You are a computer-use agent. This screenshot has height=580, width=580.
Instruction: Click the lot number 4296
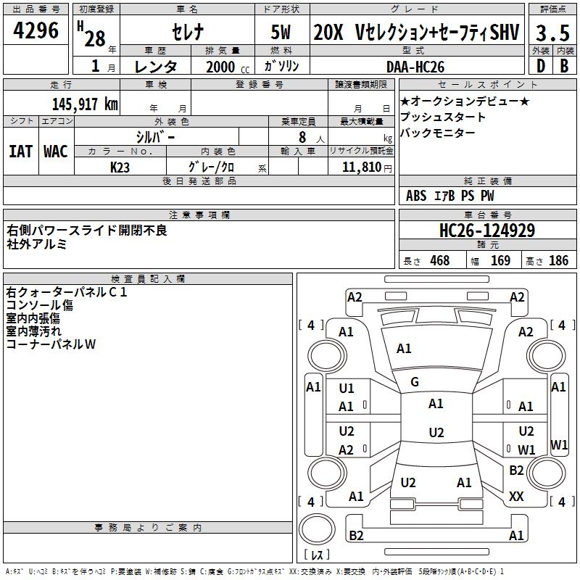pyautogui.click(x=36, y=31)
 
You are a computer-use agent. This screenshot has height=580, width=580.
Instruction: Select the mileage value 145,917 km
pyautogui.click(x=85, y=104)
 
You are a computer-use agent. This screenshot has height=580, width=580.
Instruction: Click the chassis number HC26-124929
pyautogui.click(x=487, y=231)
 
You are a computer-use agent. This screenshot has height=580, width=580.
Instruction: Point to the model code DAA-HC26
pyautogui.click(x=414, y=66)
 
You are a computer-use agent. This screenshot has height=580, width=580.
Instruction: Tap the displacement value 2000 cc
pyautogui.click(x=220, y=67)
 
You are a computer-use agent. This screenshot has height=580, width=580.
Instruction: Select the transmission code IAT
pyautogui.click(x=20, y=151)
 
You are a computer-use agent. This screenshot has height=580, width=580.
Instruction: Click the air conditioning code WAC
pyautogui.click(x=56, y=151)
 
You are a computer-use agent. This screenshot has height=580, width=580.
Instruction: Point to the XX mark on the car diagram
pyautogui.click(x=516, y=497)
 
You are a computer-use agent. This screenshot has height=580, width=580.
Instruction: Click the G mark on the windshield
pyautogui.click(x=415, y=382)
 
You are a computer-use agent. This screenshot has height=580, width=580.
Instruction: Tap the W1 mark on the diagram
pyautogui.click(x=527, y=450)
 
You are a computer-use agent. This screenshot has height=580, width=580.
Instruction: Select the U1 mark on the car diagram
pyautogui.click(x=347, y=388)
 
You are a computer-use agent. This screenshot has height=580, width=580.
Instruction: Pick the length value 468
pyautogui.click(x=439, y=261)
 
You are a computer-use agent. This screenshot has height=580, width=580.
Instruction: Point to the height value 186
pyautogui.click(x=558, y=261)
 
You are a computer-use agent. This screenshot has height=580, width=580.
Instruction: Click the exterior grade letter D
pyautogui.click(x=540, y=66)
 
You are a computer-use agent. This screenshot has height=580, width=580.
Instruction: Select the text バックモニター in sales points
pyautogui.click(x=438, y=133)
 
